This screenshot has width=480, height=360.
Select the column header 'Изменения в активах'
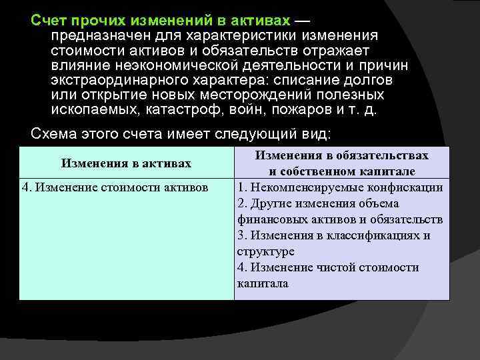coord(126,163)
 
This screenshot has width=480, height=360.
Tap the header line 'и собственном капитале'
coord(342,171)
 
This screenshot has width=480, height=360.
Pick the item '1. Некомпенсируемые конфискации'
coord(340,187)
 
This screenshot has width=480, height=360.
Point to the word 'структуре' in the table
coord(265,251)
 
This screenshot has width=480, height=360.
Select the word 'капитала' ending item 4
coord(263,283)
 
